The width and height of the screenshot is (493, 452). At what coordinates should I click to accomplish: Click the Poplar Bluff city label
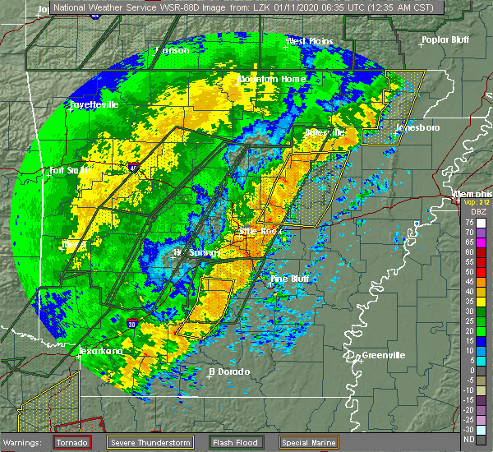[443, 39]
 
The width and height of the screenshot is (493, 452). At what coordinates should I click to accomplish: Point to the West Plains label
[306, 41]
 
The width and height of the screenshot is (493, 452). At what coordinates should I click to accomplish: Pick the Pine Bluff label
[290, 279]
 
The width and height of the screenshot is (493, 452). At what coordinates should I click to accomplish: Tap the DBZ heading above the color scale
[477, 213]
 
